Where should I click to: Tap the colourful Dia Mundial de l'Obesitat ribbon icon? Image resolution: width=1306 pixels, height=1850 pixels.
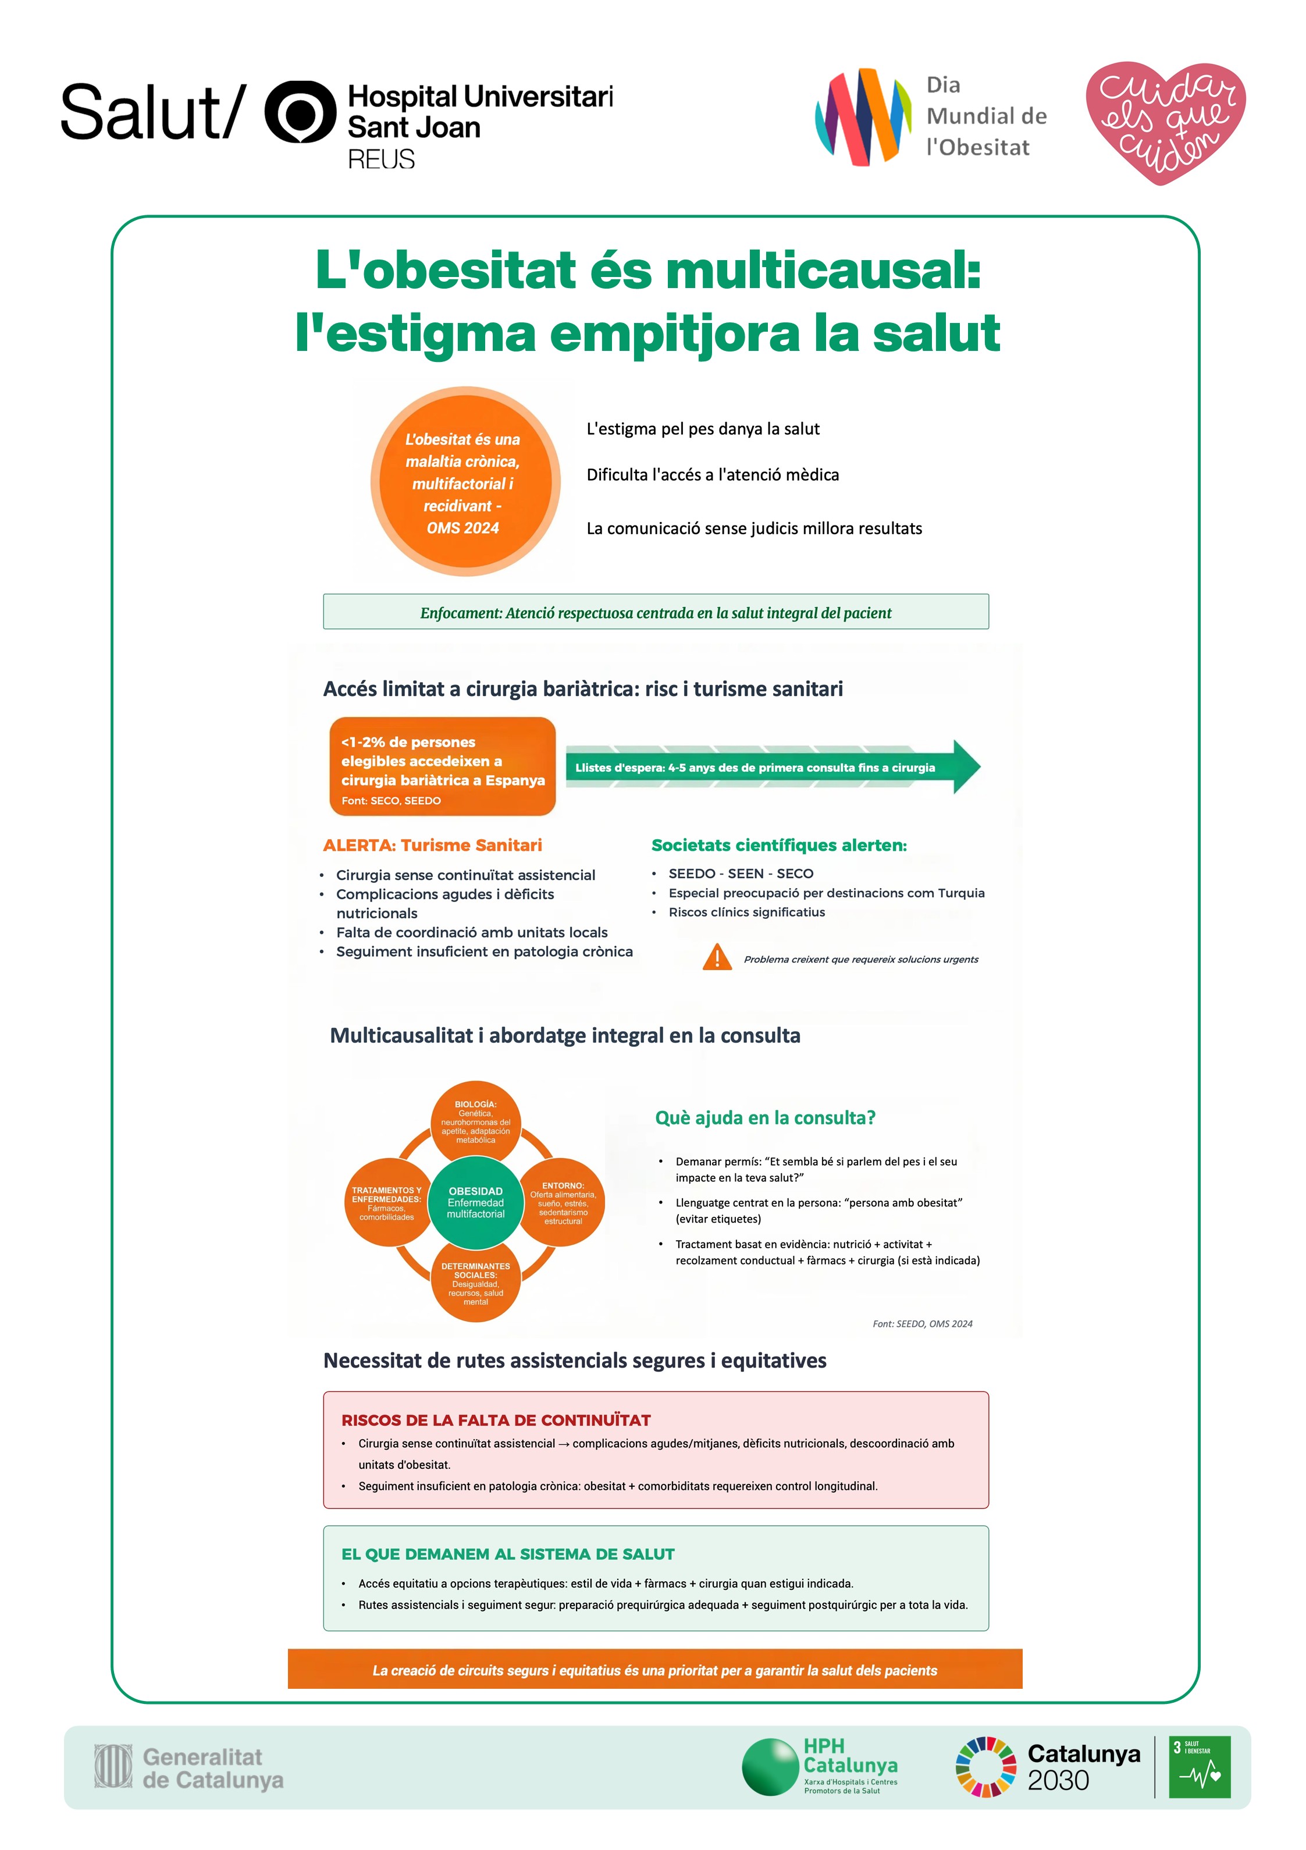tap(863, 117)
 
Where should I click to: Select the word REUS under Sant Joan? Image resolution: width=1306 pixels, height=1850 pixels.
tap(381, 159)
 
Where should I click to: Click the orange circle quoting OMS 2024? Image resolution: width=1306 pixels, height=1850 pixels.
tap(465, 482)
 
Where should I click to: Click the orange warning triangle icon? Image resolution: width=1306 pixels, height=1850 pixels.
tap(716, 957)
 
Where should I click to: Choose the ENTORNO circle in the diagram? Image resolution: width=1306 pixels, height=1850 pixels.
tap(563, 1202)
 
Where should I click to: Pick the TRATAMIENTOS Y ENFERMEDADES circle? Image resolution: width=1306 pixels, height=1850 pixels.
tap(387, 1202)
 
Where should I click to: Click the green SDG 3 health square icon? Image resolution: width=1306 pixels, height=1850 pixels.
tap(1199, 1767)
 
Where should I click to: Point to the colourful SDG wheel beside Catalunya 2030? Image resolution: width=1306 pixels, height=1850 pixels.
tap(985, 1767)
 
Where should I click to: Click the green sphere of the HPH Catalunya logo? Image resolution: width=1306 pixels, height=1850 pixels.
tap(770, 1767)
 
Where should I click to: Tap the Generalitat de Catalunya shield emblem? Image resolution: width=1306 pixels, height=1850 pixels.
tap(113, 1766)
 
